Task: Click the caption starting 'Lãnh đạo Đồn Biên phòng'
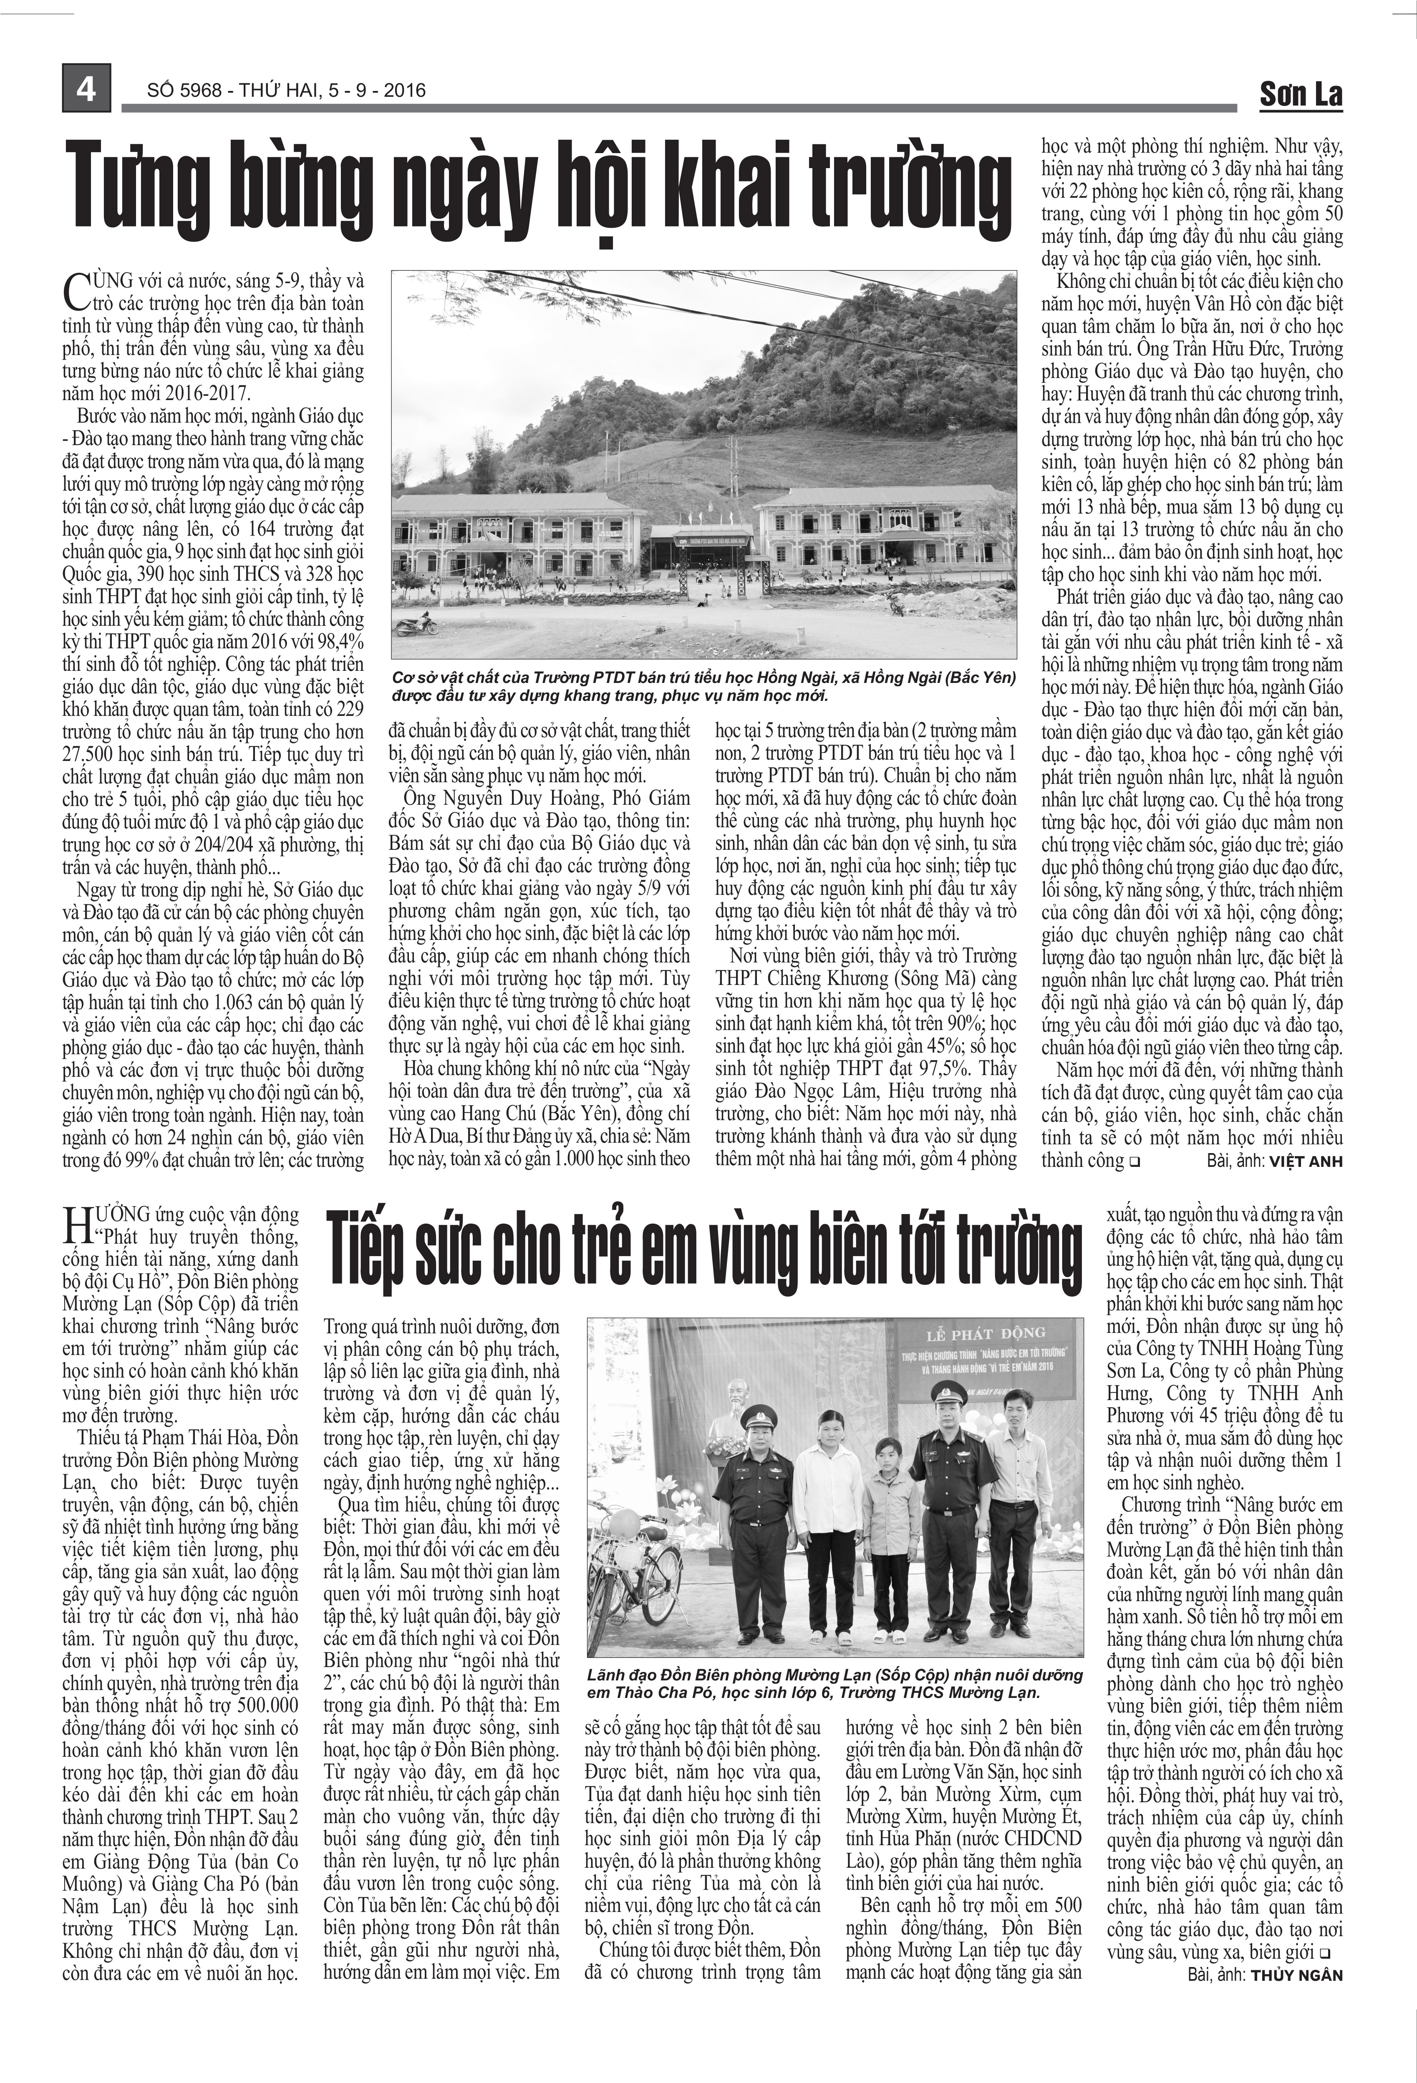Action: (834, 1683)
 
